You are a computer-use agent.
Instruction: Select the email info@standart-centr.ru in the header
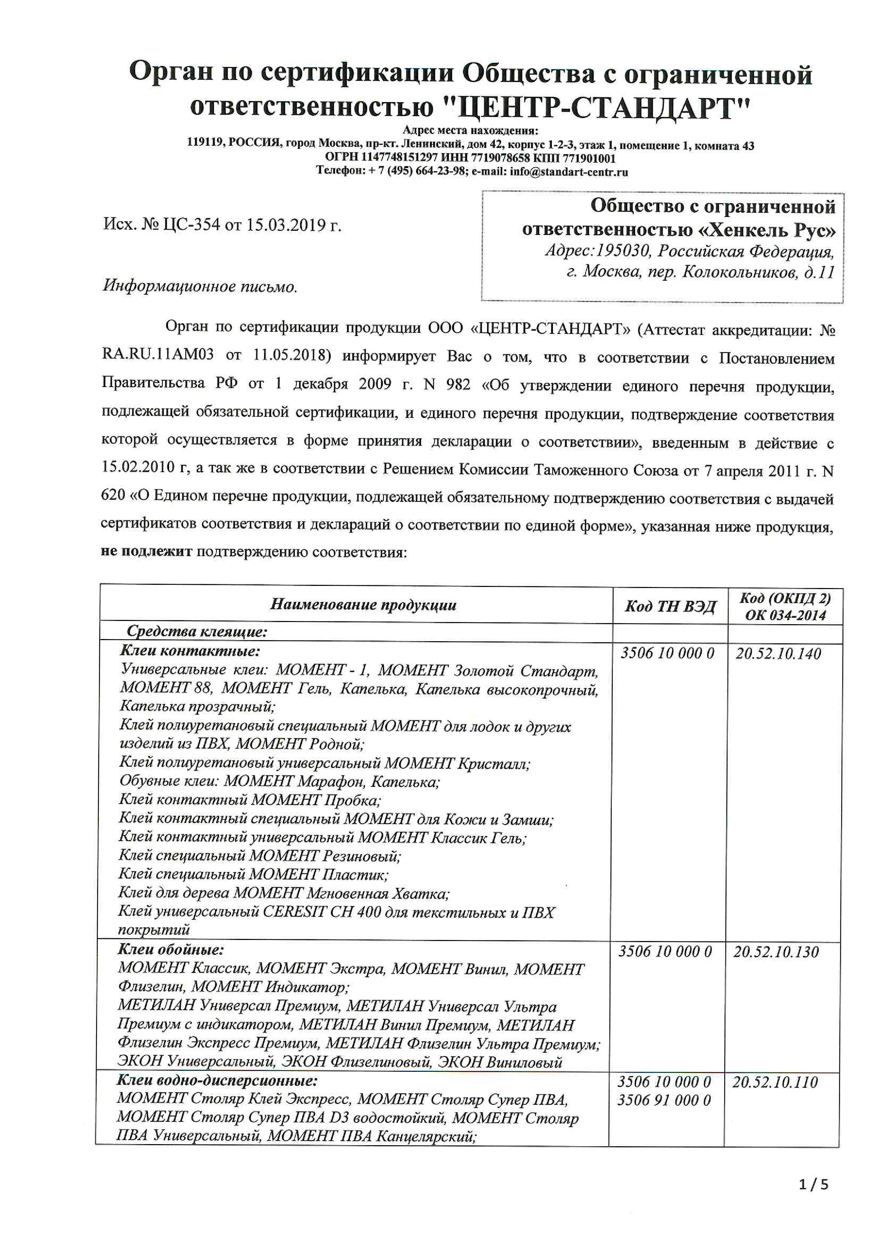tap(568, 172)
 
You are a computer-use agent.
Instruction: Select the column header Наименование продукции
tap(363, 605)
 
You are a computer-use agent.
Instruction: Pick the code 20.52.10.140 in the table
tap(778, 654)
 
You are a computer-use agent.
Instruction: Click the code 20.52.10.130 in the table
tap(776, 952)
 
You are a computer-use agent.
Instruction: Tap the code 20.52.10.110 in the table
tap(775, 1082)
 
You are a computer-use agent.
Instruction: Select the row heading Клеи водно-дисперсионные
tap(217, 1081)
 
